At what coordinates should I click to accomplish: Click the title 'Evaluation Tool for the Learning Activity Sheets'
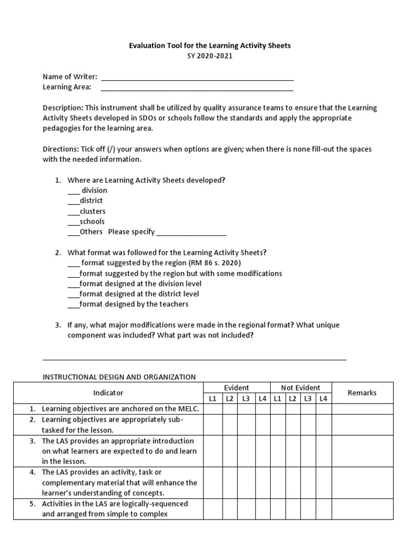[209, 46]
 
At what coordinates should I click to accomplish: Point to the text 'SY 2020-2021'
[209, 56]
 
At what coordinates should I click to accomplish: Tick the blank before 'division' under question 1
[73, 191]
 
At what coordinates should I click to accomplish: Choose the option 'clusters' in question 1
[92, 211]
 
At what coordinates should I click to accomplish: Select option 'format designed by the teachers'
[133, 304]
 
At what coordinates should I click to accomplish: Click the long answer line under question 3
[194, 359]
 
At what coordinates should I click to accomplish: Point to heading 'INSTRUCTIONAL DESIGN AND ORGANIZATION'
[119, 377]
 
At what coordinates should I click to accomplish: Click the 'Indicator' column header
[108, 393]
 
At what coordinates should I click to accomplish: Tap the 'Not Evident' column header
[300, 388]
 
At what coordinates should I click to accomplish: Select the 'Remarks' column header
[361, 393]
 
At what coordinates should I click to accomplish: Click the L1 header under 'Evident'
[212, 399]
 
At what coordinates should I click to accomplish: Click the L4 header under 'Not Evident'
[323, 399]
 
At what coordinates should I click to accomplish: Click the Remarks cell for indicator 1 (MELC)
[361, 409]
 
